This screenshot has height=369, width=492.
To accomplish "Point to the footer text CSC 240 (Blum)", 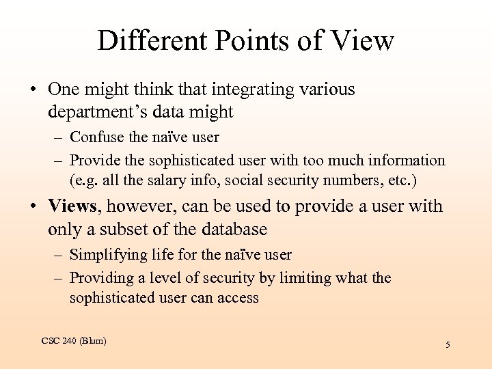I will [x=74, y=340].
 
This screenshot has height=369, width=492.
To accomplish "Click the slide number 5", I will [x=448, y=345].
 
